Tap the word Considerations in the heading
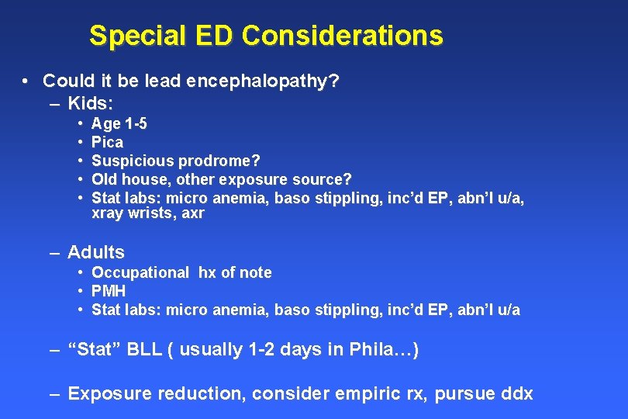[343, 36]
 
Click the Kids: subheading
[91, 102]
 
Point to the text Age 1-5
[119, 123]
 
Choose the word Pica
[107, 142]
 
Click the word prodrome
[219, 161]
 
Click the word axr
[193, 213]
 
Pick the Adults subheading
[96, 252]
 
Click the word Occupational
[140, 272]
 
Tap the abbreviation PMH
[109, 291]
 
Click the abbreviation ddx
[516, 393]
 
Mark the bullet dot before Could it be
[26, 81]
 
